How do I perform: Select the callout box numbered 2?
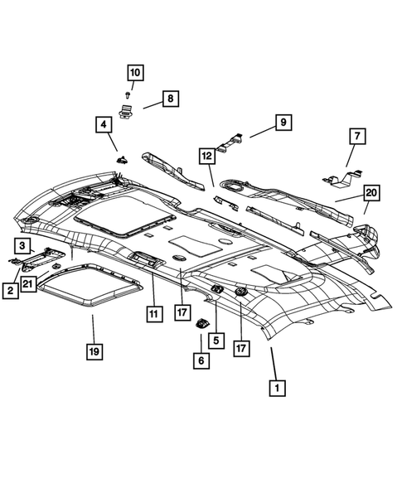(x=10, y=290)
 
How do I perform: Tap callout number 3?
(x=23, y=244)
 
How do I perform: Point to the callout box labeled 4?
(x=104, y=126)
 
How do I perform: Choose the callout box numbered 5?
(x=216, y=339)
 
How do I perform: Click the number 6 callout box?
(x=201, y=361)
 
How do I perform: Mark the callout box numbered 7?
(x=356, y=135)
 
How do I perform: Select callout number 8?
(x=169, y=99)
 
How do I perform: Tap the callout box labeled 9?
(x=283, y=123)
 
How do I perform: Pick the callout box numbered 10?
(x=134, y=73)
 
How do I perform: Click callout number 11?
(x=153, y=314)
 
